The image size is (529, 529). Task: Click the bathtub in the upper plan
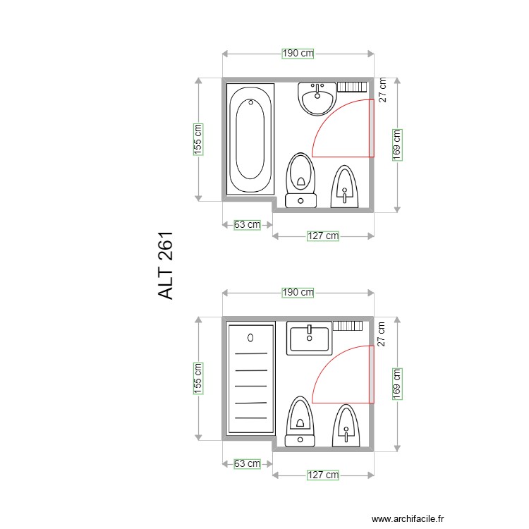point(250,139)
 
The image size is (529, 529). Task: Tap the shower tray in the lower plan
point(250,377)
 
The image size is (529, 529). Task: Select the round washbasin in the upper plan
point(317,98)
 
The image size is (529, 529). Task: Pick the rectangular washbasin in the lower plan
point(309,338)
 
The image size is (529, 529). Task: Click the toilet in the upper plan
point(301,181)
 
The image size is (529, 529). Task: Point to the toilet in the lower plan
point(300,421)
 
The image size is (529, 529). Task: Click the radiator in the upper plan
point(352,87)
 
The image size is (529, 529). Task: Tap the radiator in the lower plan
point(347,325)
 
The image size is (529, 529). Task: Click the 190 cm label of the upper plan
point(298,53)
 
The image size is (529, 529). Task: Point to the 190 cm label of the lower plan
point(298,292)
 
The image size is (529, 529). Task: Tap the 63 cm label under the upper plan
point(247,225)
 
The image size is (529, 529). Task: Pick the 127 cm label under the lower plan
point(322,475)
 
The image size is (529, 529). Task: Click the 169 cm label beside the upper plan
point(397,145)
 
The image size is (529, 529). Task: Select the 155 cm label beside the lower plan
point(199,378)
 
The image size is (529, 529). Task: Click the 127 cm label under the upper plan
point(322,236)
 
